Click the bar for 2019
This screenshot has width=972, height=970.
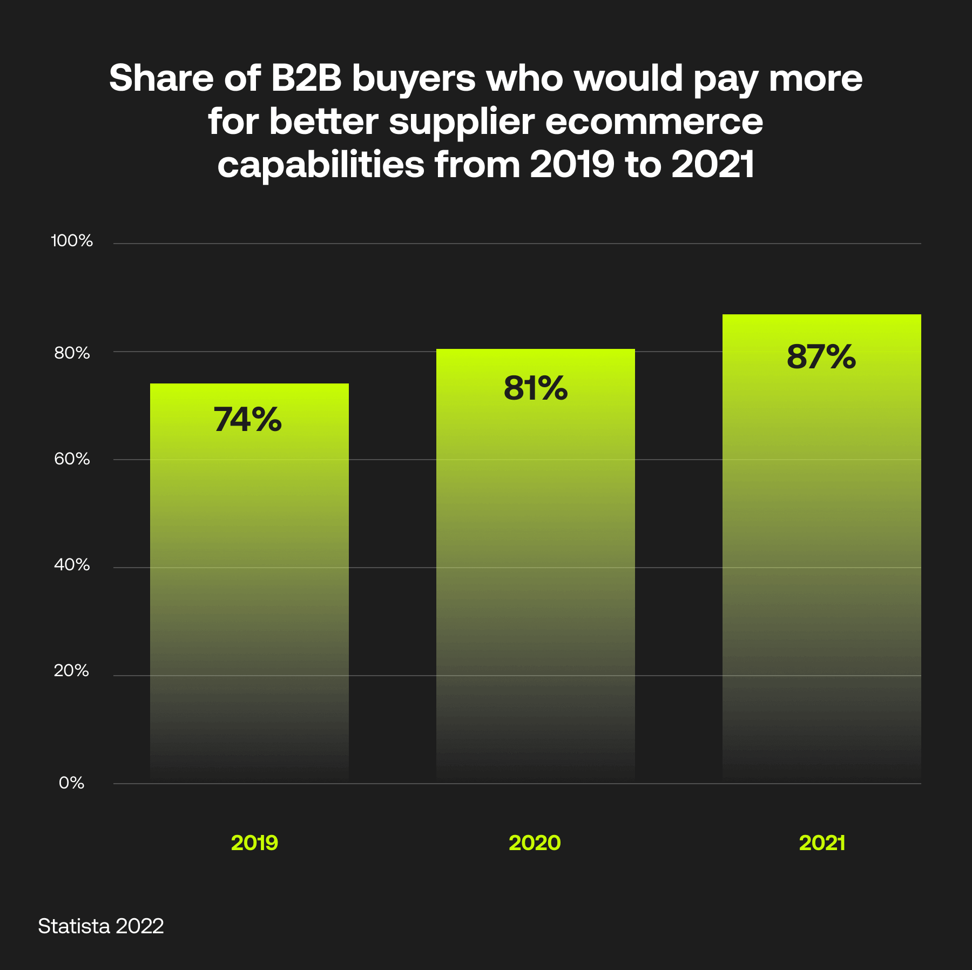coord(249,583)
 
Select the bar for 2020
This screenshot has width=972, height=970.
coord(535,567)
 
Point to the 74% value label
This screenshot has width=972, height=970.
coord(248,420)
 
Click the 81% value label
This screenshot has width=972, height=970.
coord(535,388)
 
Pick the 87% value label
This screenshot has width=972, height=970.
coord(821,357)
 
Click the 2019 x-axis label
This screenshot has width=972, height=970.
coord(254,843)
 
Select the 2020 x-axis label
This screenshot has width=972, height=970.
coord(535,843)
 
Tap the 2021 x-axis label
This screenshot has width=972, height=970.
coord(822,843)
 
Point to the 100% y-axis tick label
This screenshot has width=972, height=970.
coord(72,241)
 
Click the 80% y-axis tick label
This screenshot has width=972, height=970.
coord(72,353)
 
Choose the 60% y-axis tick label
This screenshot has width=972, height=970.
coord(72,459)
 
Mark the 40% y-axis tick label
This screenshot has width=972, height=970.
coord(72,565)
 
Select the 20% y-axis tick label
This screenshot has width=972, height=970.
coord(72,671)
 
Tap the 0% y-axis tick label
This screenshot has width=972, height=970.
coord(72,783)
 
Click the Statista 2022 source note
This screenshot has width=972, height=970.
coord(101,926)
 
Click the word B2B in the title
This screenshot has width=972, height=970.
coord(306,78)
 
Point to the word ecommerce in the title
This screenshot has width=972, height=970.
coord(654,122)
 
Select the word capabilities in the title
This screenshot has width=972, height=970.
coord(321,165)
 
